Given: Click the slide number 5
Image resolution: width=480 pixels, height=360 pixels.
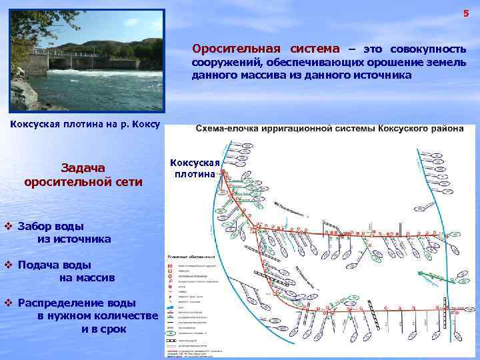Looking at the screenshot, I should [x=466, y=14].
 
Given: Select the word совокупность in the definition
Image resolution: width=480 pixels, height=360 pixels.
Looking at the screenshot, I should [x=428, y=49].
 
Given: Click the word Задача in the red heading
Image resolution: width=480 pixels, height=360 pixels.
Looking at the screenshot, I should [x=83, y=167].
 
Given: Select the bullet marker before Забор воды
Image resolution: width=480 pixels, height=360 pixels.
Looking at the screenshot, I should [x=9, y=225].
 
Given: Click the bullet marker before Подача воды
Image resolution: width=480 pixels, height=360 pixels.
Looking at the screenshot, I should [x=9, y=264].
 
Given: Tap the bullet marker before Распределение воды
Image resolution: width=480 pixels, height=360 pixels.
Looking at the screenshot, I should [x=9, y=303].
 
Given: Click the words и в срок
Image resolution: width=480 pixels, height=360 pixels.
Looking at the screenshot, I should [x=103, y=329].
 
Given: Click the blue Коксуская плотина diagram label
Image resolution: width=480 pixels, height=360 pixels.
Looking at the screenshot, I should [x=193, y=168].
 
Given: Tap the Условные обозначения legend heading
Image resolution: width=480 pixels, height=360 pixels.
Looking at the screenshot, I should [x=191, y=256].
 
